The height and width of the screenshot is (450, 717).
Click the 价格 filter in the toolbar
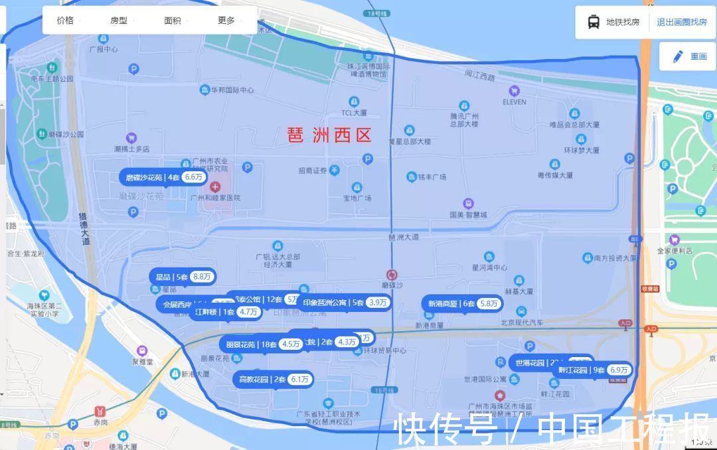coord(66,21)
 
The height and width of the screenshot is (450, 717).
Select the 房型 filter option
coord(119,21)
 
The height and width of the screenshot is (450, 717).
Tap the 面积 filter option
coord(173,21)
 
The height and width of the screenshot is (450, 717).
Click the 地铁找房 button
coord(614,22)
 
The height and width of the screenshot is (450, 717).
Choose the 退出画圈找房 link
coord(682,22)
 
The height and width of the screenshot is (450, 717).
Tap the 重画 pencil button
coord(689,56)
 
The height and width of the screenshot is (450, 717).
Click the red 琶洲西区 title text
coord(329,135)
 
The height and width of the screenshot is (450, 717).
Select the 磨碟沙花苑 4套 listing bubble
coord(163,177)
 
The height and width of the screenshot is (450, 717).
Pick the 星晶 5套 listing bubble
coord(183,277)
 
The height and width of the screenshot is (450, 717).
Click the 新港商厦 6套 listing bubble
coord(461,303)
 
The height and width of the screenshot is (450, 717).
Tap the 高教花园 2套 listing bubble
coord(272,380)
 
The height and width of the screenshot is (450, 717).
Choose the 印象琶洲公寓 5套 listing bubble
coord(344,303)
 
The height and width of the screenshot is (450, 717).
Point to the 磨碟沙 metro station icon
coord(392,274)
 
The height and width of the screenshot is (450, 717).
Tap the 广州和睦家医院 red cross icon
coord(215,188)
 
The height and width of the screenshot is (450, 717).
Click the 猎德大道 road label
coord(84,229)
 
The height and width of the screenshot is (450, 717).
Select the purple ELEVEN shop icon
coord(514,91)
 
